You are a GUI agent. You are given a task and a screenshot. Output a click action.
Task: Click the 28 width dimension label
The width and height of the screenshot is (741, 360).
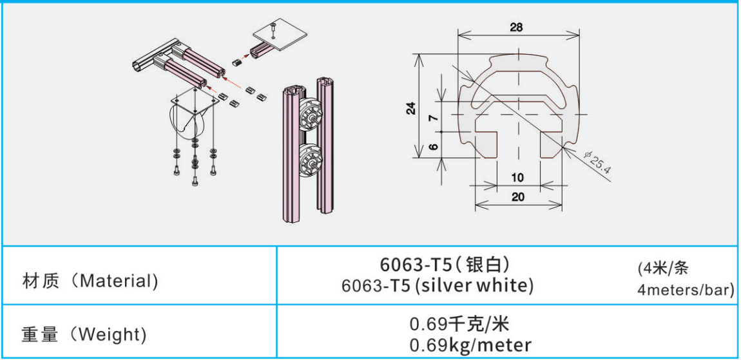click(x=516, y=28)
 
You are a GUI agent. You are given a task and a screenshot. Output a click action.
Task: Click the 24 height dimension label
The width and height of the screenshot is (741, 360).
click(x=412, y=108)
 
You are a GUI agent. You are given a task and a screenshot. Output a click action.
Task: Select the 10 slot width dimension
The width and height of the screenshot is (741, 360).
click(x=518, y=178)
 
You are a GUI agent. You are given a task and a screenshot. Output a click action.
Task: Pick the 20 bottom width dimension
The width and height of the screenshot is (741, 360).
click(x=518, y=197)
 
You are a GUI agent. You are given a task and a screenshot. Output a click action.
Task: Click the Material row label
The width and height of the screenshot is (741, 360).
click(x=90, y=281)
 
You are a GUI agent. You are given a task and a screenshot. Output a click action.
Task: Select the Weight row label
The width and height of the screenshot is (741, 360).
click(x=84, y=335)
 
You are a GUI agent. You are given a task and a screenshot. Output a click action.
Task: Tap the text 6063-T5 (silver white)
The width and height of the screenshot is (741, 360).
click(x=437, y=285)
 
